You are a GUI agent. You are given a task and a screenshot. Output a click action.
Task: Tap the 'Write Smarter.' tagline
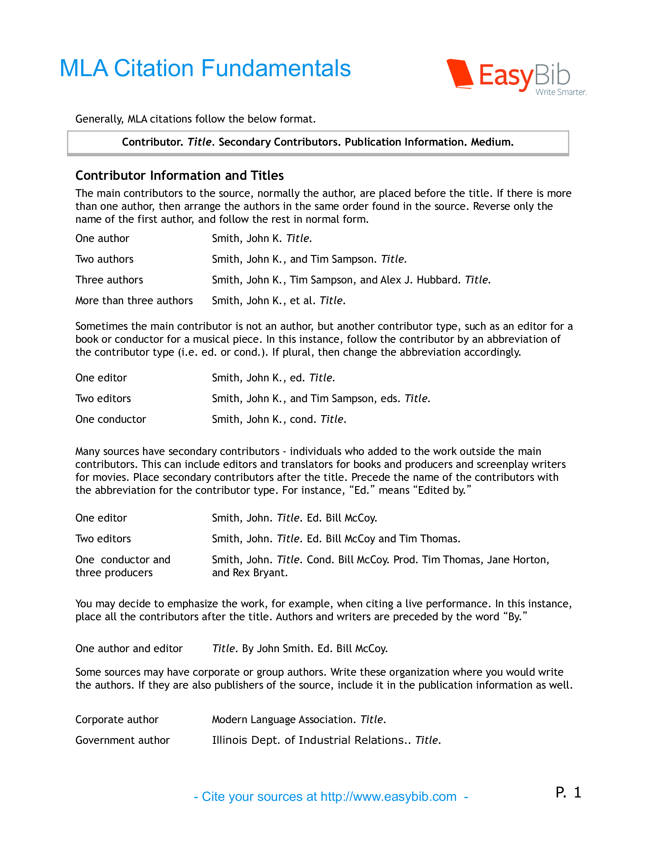(x=561, y=92)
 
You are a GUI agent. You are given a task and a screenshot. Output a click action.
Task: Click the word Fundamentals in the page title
(x=276, y=68)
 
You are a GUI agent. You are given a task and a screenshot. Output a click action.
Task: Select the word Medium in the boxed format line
(x=492, y=142)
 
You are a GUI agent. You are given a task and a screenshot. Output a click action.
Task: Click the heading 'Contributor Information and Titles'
(x=179, y=175)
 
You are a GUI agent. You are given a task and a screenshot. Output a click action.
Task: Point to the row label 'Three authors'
(x=109, y=280)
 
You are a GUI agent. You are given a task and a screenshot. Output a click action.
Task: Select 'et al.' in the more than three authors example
(x=302, y=301)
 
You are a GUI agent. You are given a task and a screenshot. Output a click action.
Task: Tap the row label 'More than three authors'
(x=134, y=301)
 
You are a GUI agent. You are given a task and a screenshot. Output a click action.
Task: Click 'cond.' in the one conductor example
(x=303, y=419)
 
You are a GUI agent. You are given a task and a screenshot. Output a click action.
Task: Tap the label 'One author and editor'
(x=129, y=649)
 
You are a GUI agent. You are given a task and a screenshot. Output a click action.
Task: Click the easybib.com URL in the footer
(x=389, y=797)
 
